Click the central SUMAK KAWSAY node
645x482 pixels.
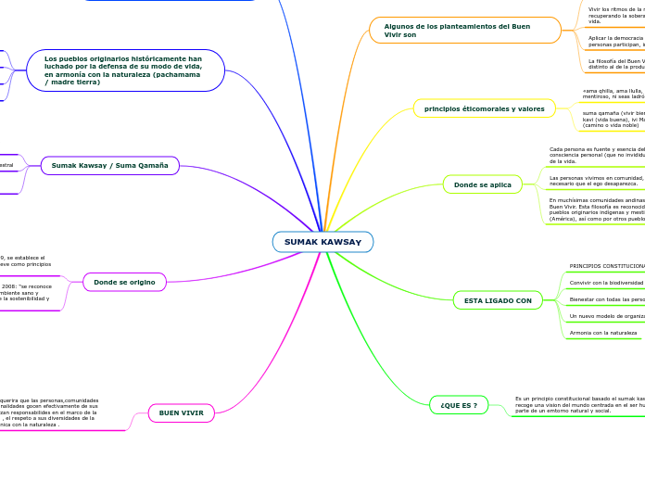click(322, 242)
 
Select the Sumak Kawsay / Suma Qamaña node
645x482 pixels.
click(109, 166)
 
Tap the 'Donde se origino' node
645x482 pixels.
click(124, 282)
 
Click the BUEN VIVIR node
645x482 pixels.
click(182, 412)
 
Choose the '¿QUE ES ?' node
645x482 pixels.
click(459, 405)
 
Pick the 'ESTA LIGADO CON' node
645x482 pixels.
click(498, 300)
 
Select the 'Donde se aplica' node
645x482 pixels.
click(482, 184)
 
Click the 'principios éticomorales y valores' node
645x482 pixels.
click(484, 108)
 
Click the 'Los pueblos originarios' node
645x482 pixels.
click(126, 70)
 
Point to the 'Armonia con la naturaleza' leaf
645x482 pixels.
click(602, 332)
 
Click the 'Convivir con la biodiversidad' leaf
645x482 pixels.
click(606, 283)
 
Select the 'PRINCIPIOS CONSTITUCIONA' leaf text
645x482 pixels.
click(606, 266)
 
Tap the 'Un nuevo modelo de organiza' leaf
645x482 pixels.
click(606, 316)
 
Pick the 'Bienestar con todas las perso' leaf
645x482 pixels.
click(606, 299)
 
